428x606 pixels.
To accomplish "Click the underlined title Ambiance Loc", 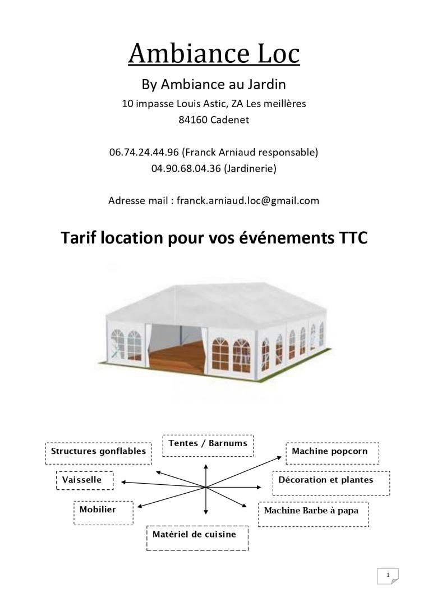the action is pyautogui.click(x=214, y=53).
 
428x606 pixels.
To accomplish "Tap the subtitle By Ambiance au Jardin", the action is pyautogui.click(x=214, y=85).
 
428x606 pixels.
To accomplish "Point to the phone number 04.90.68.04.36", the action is pyautogui.click(x=186, y=168).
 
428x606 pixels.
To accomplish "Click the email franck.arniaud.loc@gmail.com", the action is pyautogui.click(x=247, y=200).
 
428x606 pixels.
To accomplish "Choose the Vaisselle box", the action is pyautogui.click(x=85, y=481).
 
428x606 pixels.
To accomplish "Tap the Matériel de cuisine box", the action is pyautogui.click(x=197, y=538).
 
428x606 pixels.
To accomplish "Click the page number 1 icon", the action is pyautogui.click(x=388, y=576).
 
